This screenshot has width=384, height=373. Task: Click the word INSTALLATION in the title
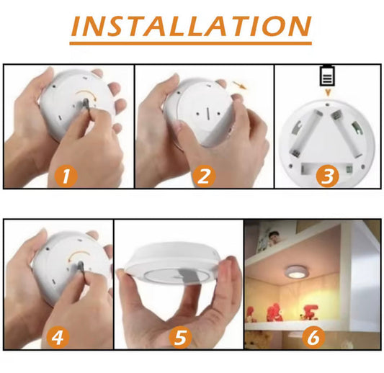[191, 26]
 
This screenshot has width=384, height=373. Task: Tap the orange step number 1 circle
[66, 176]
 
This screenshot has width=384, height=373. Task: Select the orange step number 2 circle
[204, 176]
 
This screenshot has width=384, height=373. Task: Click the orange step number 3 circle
[327, 176]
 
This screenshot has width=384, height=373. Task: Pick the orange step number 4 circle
[58, 338]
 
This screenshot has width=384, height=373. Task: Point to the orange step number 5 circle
[181, 338]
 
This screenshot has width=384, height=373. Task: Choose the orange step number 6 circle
[313, 337]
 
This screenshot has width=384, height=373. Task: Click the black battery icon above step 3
[327, 76]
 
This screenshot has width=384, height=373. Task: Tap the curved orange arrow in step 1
[87, 94]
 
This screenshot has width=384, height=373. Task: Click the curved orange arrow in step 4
[79, 254]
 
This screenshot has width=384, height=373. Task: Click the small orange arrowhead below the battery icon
[328, 92]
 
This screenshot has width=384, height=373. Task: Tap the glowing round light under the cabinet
[297, 271]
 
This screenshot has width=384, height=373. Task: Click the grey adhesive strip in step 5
[189, 276]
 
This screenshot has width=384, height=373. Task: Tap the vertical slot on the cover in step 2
[208, 114]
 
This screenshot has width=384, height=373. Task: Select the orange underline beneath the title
[190, 43]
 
